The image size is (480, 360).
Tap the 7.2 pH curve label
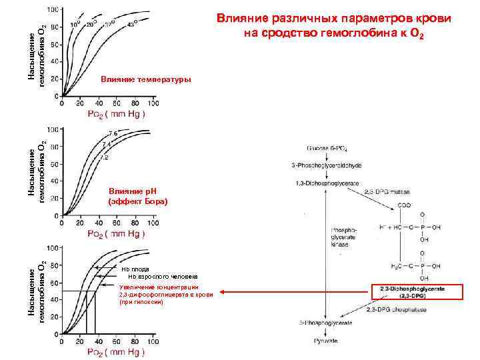(104, 159)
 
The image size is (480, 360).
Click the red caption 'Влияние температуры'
(145, 80)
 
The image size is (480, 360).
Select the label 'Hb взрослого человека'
(163, 276)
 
